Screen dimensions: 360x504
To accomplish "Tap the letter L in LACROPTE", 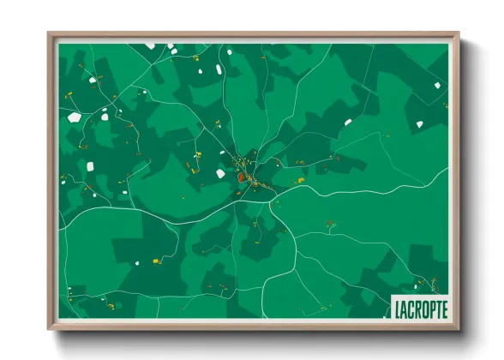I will coord(399,307).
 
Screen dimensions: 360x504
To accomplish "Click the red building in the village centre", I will coord(242,178).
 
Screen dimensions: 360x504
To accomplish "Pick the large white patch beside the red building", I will coord(220,174).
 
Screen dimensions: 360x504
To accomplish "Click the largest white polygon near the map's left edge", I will coord(75,115).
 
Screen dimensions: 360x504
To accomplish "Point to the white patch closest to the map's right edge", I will coord(437,85).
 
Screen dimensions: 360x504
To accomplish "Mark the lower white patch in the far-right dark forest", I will coord(419,124).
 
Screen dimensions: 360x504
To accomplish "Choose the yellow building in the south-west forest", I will coord(157,261).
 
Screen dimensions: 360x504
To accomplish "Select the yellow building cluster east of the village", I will coord(298,181).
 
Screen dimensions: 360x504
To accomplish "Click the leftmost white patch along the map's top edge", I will coord(150,45).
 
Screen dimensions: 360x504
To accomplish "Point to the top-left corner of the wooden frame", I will coord(50,34).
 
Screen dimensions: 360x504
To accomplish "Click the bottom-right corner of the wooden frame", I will coord(459,329).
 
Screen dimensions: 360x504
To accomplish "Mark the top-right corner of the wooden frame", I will coord(459,34).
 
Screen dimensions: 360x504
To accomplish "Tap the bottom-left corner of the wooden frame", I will coord(50,329).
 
